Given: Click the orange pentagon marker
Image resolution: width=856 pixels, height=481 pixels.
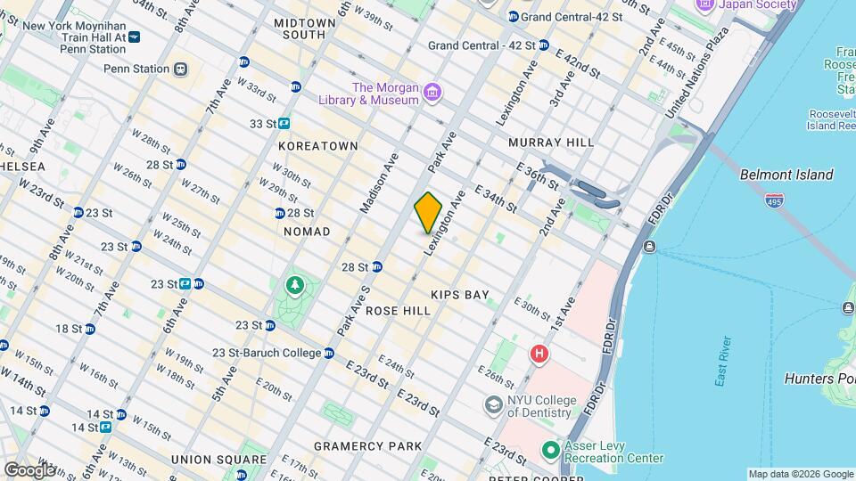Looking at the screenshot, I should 429,213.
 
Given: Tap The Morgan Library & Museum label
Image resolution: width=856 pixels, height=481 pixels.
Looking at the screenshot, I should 385,94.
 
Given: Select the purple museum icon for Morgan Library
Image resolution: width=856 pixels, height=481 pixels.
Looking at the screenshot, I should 432,93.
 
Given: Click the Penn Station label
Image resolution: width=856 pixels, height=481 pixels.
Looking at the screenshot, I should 136,69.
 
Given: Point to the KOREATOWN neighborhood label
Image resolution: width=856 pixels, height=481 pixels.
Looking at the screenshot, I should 317,145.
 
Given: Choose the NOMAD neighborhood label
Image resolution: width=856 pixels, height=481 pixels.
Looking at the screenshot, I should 306,232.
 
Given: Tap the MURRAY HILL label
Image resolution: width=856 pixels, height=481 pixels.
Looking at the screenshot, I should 551,143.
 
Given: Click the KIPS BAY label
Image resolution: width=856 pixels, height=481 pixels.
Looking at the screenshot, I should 459,294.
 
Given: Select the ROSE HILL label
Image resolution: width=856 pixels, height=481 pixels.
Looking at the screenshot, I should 398,311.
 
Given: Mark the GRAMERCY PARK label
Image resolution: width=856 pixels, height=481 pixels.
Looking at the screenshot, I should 367,445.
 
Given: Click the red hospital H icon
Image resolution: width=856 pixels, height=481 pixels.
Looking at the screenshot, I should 539,355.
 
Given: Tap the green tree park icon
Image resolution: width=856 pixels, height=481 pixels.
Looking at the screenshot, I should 294,285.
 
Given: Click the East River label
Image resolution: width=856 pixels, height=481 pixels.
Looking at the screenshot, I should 723,361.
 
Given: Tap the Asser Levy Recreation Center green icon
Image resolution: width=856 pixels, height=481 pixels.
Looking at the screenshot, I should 551,450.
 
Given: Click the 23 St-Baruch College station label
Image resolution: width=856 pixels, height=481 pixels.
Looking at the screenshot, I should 267,353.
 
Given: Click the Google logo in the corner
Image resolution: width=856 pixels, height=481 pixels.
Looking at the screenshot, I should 29,469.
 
